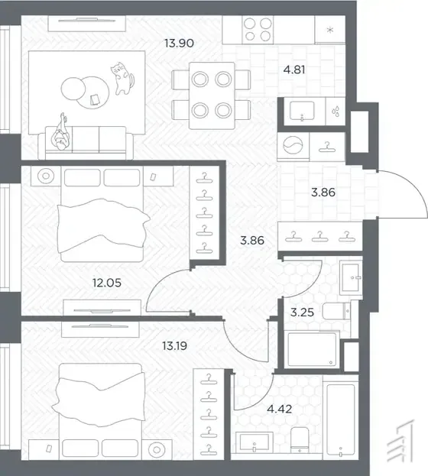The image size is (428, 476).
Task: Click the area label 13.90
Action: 179,43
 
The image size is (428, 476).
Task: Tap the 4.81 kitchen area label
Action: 294,70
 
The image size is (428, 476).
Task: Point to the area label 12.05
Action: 107,283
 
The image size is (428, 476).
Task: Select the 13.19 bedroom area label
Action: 175,346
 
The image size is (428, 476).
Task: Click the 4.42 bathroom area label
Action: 280,409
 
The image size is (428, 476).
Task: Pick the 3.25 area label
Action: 302,312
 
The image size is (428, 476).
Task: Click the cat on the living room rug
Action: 122,78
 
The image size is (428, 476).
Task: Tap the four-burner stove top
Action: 258,30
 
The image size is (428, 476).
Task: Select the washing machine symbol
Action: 293,145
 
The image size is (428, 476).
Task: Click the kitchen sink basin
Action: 302,111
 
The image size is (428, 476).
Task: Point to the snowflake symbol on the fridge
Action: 330,30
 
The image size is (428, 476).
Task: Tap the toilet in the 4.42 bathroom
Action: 300,439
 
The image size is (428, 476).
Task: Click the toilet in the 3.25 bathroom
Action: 336,311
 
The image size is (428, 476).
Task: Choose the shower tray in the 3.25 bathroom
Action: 313,349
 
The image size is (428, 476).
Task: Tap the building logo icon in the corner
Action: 400,440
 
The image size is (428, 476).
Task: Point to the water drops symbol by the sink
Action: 336,111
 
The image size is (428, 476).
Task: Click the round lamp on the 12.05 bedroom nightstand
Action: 46,176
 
